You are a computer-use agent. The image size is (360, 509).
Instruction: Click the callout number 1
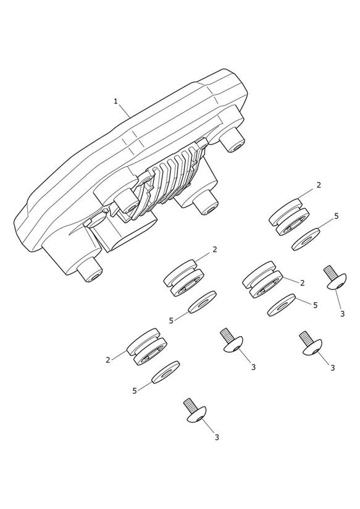(115, 101)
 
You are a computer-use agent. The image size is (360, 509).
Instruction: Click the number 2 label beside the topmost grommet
(319, 185)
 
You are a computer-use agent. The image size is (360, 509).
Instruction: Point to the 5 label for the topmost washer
(337, 216)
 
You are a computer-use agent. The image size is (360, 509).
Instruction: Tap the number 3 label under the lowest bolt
(217, 437)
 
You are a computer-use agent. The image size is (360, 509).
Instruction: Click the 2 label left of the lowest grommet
(107, 360)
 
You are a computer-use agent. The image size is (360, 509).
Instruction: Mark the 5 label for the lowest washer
(135, 391)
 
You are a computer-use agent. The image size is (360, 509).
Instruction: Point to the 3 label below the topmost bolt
(342, 314)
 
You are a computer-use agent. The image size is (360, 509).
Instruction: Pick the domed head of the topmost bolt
(337, 282)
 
